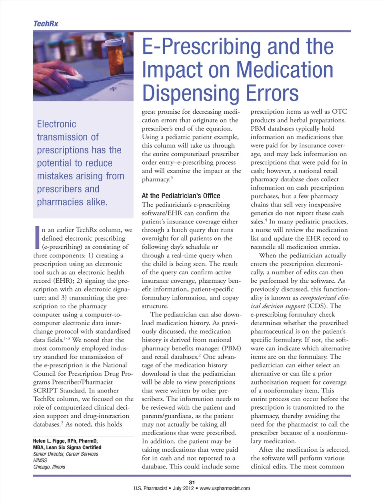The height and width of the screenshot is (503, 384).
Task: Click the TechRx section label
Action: tap(46, 24)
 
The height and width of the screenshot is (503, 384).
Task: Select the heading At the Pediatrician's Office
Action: tap(181, 196)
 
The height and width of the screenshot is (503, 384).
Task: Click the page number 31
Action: tap(192, 483)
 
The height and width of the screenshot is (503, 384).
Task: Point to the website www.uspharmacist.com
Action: tap(225, 489)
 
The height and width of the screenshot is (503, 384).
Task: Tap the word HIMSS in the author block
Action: tap(40, 461)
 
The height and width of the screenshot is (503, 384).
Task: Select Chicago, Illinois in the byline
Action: tap(49, 467)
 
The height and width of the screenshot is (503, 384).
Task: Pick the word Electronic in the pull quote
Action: tap(56, 124)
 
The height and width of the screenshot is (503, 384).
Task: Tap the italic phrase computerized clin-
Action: tap(325, 298)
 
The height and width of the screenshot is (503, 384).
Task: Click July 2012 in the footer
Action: tap(183, 489)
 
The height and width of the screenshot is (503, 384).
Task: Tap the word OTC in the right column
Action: tap(339, 111)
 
